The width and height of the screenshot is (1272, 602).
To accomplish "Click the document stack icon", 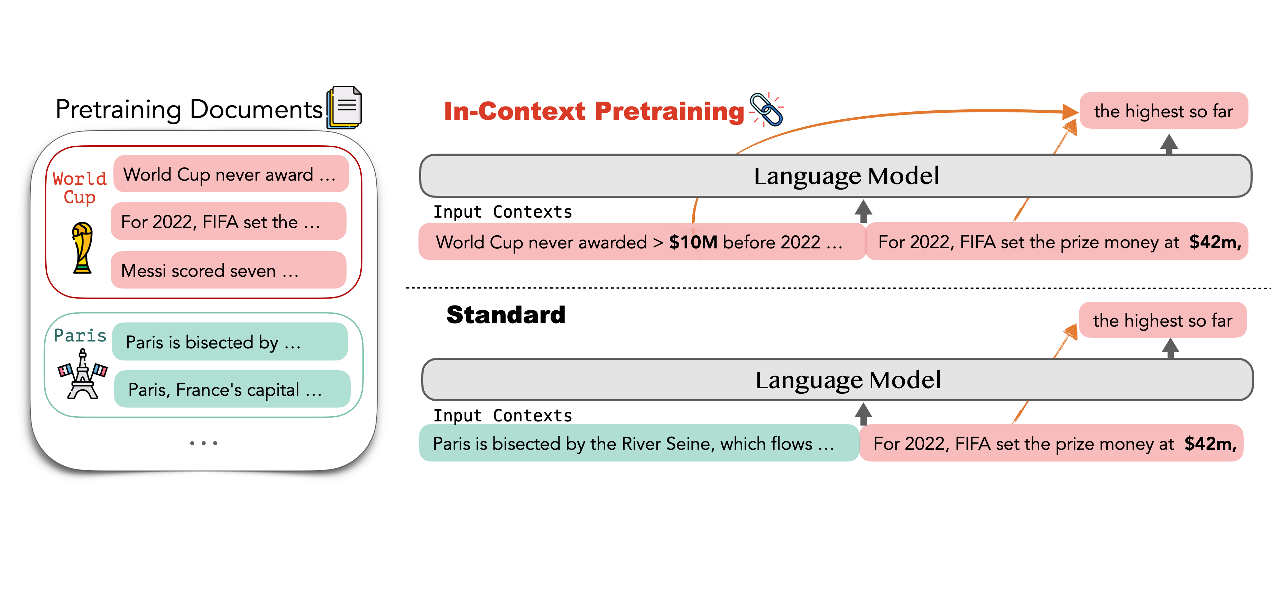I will [345, 107].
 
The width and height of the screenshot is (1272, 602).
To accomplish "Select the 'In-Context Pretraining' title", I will [593, 111].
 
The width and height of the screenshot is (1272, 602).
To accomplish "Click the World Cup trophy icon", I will [82, 248].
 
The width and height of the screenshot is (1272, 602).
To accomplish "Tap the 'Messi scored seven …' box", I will [228, 270].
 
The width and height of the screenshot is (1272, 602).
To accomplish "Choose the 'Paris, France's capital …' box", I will [232, 390].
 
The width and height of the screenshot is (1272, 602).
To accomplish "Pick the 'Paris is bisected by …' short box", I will [230, 342].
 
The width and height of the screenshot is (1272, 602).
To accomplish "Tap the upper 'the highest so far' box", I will [1163, 111].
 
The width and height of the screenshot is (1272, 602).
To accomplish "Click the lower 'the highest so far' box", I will [1162, 320].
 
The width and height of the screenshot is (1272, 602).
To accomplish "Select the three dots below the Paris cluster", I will [203, 443].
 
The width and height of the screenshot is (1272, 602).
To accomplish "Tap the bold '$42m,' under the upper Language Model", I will [1215, 242].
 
